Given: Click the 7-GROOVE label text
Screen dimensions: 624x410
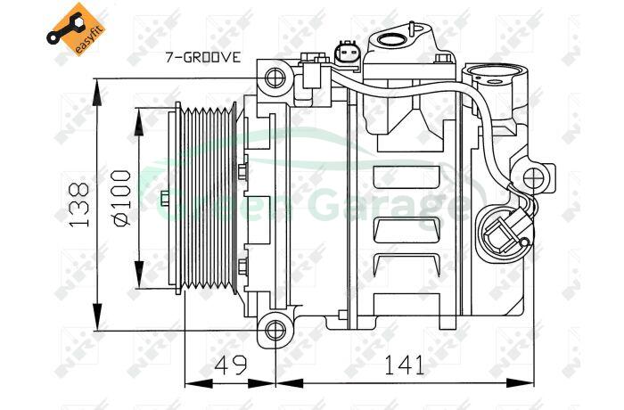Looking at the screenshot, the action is coord(203,57).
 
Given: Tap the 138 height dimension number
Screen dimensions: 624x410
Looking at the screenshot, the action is coord(79,205).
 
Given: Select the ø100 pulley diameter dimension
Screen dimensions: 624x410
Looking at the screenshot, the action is coord(122,198).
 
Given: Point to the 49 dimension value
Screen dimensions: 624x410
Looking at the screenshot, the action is coord(232,365).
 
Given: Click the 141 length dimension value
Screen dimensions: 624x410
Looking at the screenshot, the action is coord(404,365).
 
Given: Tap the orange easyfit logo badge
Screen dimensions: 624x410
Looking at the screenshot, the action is coord(76,29).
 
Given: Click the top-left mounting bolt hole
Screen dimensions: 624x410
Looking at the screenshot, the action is coord(275,78).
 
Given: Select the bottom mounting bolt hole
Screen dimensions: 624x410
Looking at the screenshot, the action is coord(275,331).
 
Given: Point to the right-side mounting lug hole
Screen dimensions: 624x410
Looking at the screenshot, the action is coord(533,178).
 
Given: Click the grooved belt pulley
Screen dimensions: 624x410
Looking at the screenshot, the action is coord(206,198).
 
